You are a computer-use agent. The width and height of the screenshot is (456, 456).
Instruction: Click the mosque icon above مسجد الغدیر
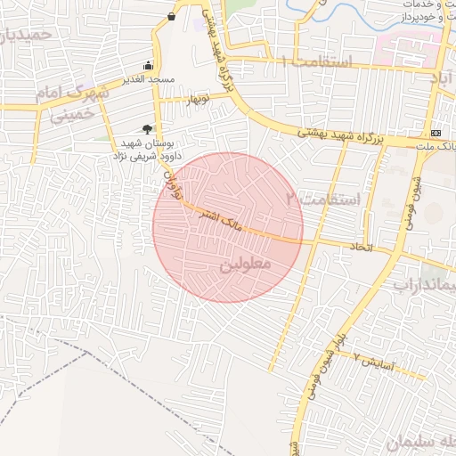coord(148,66)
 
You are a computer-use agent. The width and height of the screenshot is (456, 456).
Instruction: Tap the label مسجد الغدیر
coord(148,80)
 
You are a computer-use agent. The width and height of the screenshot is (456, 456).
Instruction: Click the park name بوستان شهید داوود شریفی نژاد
coord(147,149)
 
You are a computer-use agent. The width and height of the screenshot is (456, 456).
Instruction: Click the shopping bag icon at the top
coord(171,16)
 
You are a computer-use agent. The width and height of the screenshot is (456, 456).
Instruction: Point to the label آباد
coord(442,81)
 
